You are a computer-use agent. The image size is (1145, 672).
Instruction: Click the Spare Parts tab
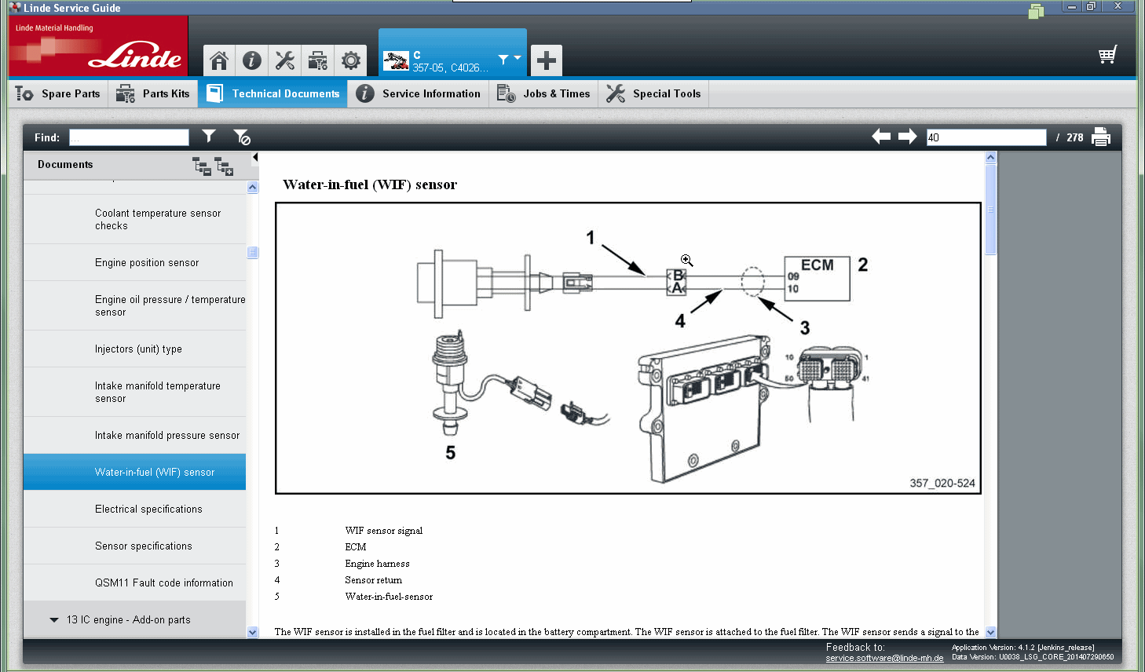pyautogui.click(x=58, y=93)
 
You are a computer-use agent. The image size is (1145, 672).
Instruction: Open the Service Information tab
pyautogui.click(x=419, y=93)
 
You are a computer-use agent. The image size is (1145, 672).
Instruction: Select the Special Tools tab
pyautogui.click(x=654, y=93)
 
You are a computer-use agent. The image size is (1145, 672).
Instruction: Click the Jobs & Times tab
pyautogui.click(x=544, y=93)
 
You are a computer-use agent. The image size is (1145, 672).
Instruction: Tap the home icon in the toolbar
pyautogui.click(x=219, y=60)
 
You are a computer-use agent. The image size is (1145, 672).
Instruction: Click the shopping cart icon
pyautogui.click(x=1107, y=55)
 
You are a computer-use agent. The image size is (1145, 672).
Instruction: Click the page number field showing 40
pyautogui.click(x=986, y=137)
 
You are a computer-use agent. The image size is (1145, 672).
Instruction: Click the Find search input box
pyautogui.click(x=129, y=137)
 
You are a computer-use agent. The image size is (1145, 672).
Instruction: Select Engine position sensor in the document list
pyautogui.click(x=147, y=263)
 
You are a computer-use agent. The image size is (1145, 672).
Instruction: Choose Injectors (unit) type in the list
pyautogui.click(x=138, y=349)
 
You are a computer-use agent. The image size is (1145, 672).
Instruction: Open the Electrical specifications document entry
pyautogui.click(x=148, y=509)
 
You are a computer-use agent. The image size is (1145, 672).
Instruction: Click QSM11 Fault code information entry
pyautogui.click(x=163, y=583)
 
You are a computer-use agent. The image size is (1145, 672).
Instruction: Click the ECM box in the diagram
pyautogui.click(x=817, y=278)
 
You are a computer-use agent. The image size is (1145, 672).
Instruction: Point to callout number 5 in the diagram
pyautogui.click(x=450, y=453)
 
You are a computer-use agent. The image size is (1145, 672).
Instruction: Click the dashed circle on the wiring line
pyautogui.click(x=752, y=281)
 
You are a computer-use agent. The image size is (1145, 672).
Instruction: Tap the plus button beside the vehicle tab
pyautogui.click(x=546, y=60)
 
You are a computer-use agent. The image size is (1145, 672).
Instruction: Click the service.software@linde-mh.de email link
pyautogui.click(x=884, y=658)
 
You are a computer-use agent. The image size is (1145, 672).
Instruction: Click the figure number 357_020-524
pyautogui.click(x=942, y=484)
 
